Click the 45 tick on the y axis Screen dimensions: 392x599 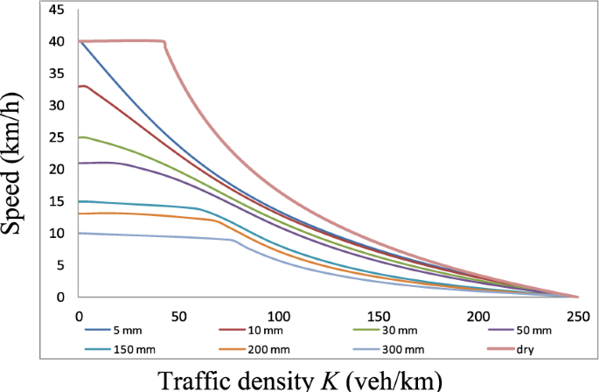[56, 10]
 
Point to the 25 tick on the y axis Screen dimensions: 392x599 [56, 137]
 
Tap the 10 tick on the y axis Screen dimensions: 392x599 [56, 234]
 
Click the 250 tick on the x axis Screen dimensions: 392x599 [576, 314]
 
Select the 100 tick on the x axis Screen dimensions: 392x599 [278, 314]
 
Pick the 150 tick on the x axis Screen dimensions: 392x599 [378, 314]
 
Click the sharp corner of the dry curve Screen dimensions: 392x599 [164, 42]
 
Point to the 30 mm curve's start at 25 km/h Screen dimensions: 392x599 [80, 137]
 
